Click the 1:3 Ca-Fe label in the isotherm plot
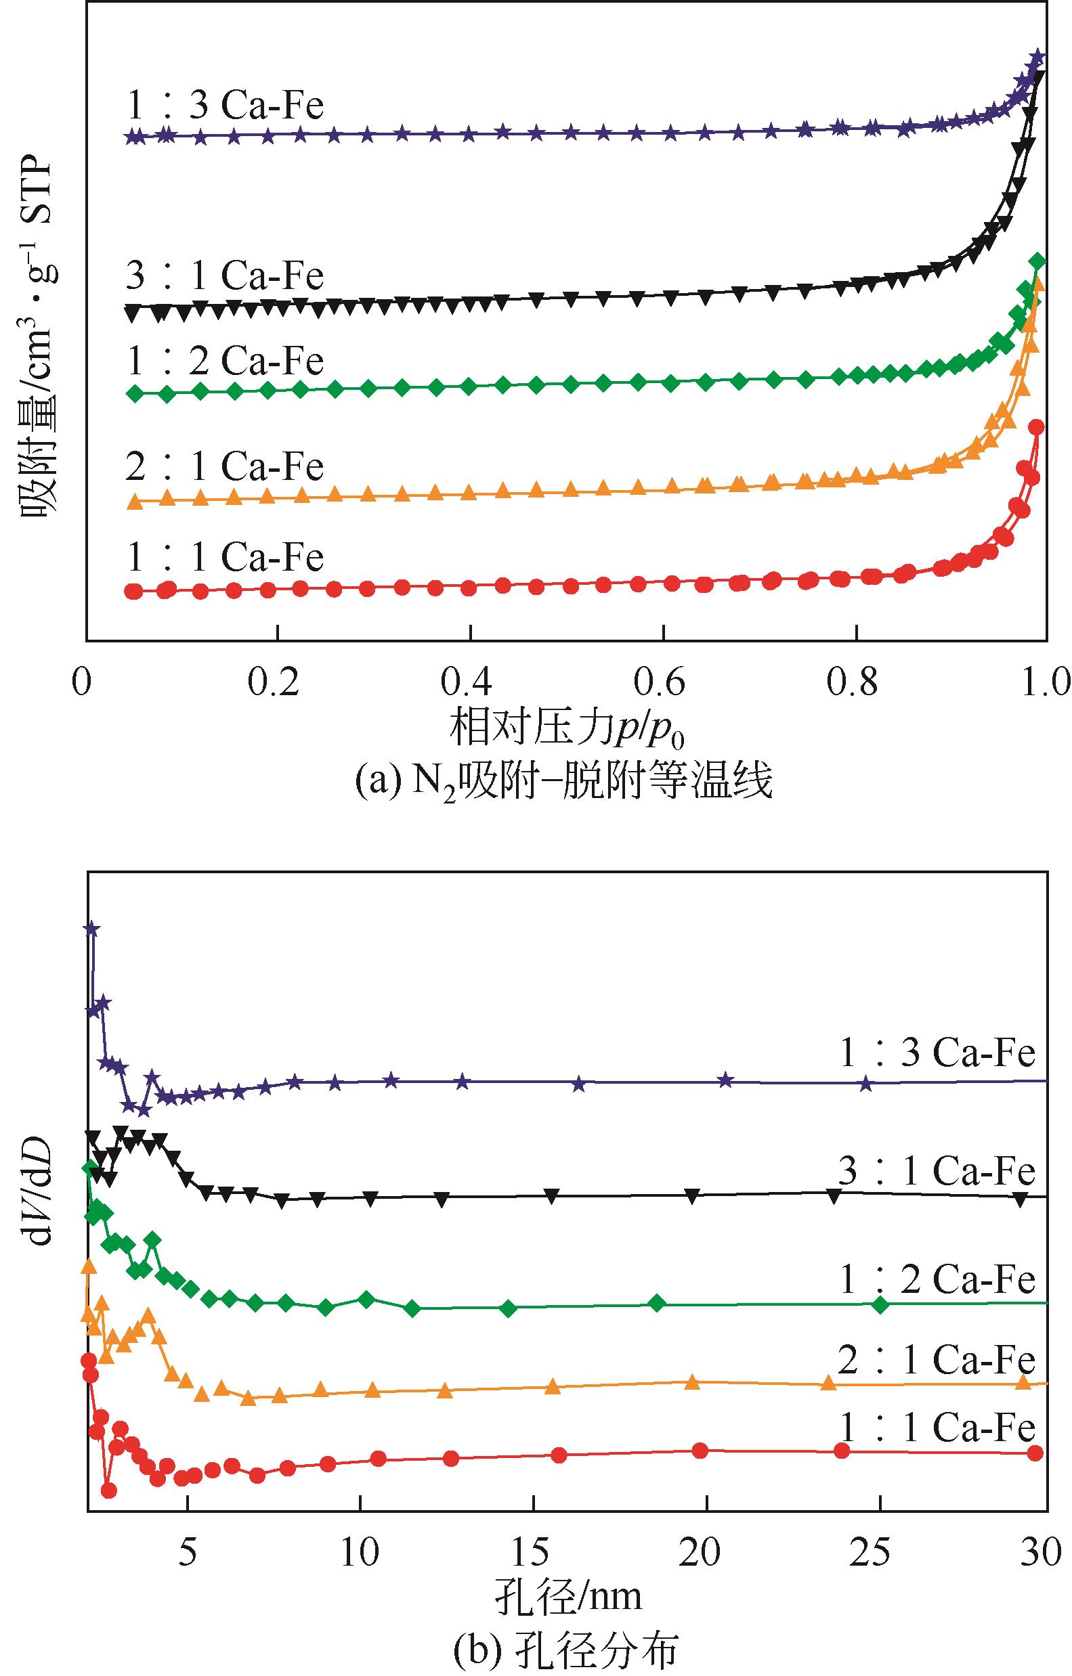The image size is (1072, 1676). click(x=225, y=106)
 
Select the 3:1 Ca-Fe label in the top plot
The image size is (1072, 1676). click(x=225, y=276)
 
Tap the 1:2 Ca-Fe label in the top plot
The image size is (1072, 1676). click(x=225, y=361)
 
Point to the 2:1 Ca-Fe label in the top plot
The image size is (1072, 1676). click(x=225, y=466)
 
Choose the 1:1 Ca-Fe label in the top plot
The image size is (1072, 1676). click(x=225, y=557)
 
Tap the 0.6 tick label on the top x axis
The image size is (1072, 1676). click(x=659, y=683)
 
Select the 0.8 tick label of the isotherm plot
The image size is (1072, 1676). click(x=853, y=683)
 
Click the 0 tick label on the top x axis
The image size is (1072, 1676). click(x=82, y=683)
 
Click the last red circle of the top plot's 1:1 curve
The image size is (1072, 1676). click(x=1037, y=427)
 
